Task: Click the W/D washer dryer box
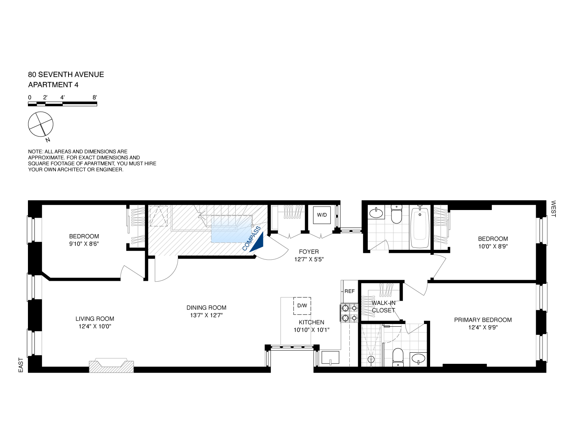(322, 215)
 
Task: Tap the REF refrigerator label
(349, 291)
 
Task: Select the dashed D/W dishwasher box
(302, 306)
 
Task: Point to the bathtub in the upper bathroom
(420, 227)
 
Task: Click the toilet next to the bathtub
(396, 215)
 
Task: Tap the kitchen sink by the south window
(330, 358)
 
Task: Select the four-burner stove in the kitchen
(349, 312)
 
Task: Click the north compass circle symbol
(41, 124)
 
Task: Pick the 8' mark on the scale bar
(95, 98)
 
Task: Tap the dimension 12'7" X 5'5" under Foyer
(309, 259)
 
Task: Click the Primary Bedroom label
(483, 320)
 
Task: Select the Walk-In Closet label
(383, 306)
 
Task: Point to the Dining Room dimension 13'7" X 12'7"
(206, 315)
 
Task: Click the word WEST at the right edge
(553, 208)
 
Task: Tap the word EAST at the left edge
(21, 365)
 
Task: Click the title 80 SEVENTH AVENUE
(66, 75)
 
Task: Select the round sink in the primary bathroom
(418, 358)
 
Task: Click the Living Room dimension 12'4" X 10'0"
(95, 326)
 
